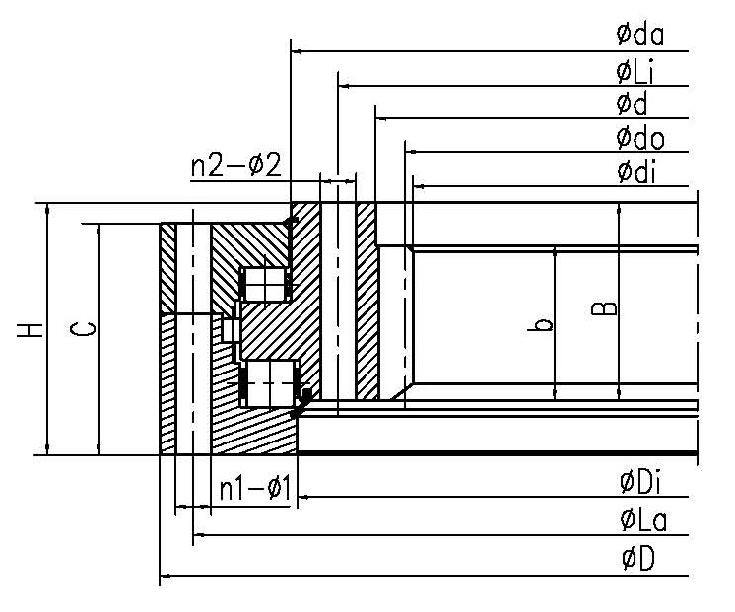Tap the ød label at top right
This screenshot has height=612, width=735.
point(631,102)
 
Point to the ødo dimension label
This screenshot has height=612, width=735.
point(640,137)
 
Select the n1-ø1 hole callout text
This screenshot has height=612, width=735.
point(254,490)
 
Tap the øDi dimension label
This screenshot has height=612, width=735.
point(640,483)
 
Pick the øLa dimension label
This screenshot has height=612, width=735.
point(642,519)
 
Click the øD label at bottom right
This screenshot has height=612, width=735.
point(637,559)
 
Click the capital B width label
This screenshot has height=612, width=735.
point(609,307)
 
